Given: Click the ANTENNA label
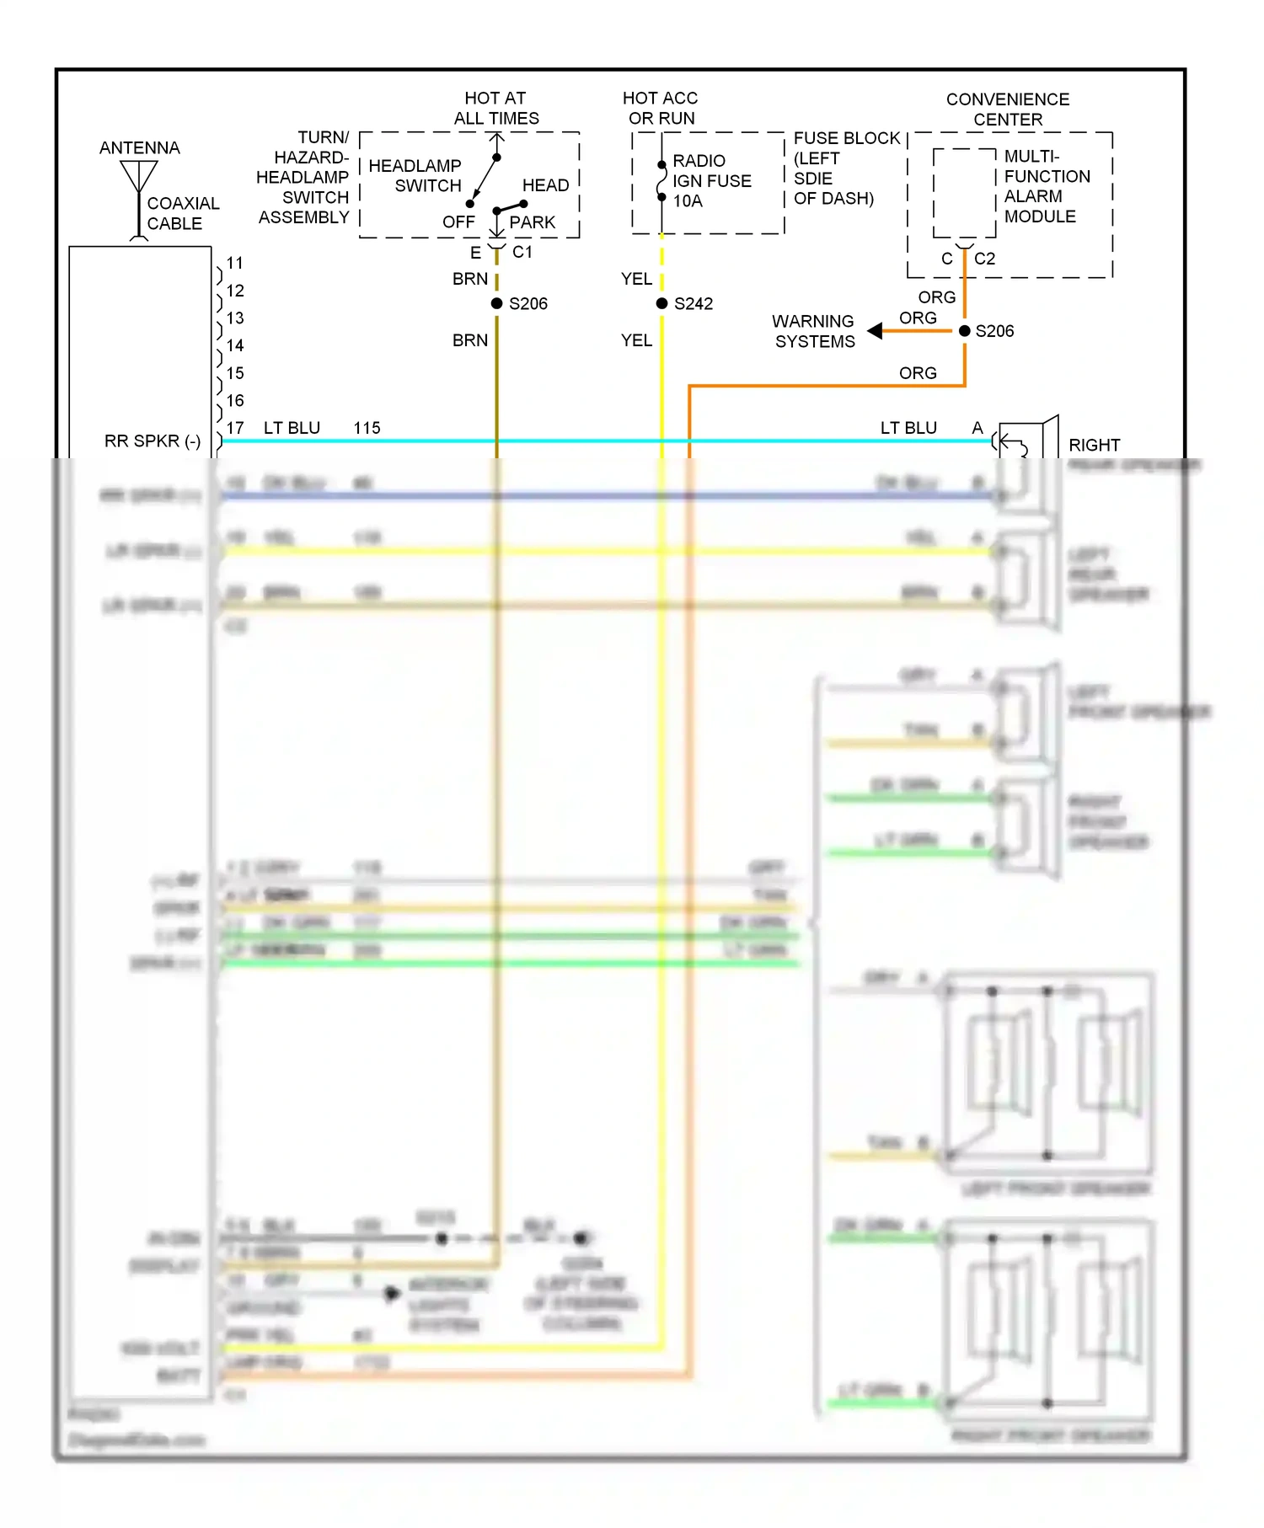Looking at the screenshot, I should click(x=139, y=148).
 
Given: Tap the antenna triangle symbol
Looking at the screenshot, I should click(x=138, y=175).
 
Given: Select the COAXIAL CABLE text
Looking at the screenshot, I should click(x=182, y=213).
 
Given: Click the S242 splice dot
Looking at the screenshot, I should click(x=661, y=303).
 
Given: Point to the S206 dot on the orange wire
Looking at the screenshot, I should click(x=964, y=331).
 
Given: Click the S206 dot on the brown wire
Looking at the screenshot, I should click(x=496, y=303).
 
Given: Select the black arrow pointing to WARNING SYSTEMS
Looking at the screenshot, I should click(x=876, y=331).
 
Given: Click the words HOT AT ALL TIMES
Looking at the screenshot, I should click(x=495, y=108).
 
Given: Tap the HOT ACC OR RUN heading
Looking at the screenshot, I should click(x=661, y=108).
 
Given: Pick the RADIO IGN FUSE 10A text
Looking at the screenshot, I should click(x=710, y=180).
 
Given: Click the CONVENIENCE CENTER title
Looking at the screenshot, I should click(x=1007, y=110).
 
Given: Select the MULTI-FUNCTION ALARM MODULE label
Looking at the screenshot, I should click(x=1046, y=186).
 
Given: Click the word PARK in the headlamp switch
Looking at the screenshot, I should click(x=532, y=222).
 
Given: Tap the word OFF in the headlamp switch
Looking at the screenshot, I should click(x=458, y=222).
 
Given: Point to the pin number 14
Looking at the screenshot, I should click(x=235, y=345).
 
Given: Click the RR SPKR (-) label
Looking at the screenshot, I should click(x=153, y=441).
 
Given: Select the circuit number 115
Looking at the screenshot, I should click(x=367, y=428).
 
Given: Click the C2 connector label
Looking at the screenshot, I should click(x=984, y=259).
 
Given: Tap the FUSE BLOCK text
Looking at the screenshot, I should click(x=846, y=138).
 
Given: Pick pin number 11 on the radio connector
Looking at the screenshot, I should click(x=235, y=263).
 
